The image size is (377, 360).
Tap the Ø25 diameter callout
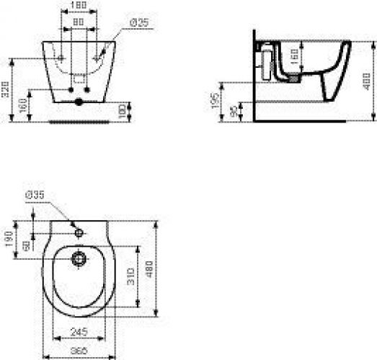coord(138,24)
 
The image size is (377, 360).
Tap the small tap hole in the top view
coord(77,231)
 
